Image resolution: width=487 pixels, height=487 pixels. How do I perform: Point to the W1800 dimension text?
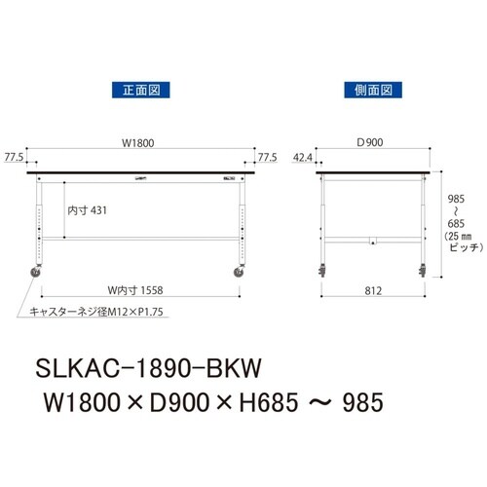[x=137, y=143]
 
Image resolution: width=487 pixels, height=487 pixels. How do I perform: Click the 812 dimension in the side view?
[x=373, y=287]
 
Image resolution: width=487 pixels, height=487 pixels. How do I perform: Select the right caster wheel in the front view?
[x=240, y=273]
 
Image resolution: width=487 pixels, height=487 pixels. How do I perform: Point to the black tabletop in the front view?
[x=139, y=173]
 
